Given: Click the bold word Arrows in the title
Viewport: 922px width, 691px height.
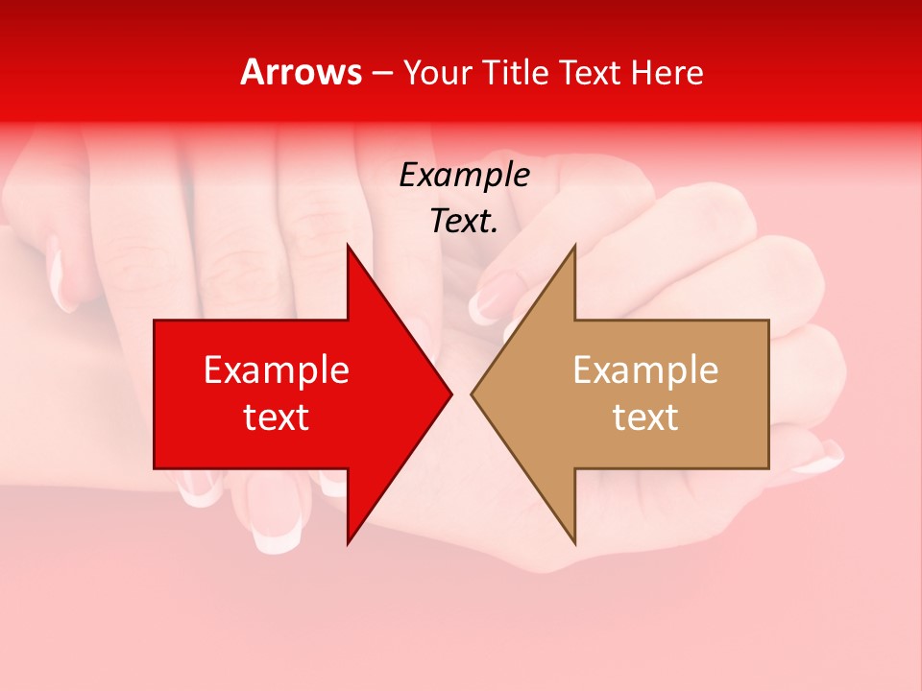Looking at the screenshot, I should [302, 72].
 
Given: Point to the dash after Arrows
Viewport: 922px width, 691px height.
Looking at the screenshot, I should [381, 73].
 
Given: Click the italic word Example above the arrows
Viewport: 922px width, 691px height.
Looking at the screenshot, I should [465, 175].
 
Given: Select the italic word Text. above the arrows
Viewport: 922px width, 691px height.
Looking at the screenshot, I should [465, 222].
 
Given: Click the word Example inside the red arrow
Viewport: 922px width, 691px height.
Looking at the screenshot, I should [277, 369].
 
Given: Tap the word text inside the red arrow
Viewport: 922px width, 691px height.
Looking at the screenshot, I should [277, 417].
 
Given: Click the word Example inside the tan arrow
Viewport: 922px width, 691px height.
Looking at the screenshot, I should [645, 369].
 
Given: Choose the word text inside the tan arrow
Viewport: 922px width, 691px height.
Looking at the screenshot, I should [645, 417].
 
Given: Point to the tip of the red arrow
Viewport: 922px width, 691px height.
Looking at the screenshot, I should [450, 393].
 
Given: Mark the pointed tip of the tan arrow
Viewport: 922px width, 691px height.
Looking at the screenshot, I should [473, 393].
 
